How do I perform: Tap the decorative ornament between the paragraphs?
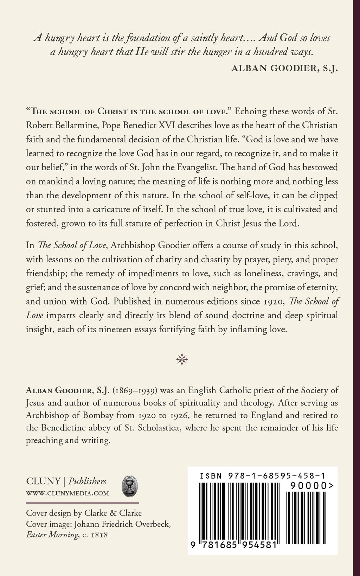pyautogui.click(x=182, y=359)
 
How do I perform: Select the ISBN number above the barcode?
pyautogui.click(x=262, y=476)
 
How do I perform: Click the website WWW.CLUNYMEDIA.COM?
pyautogui.click(x=67, y=493)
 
